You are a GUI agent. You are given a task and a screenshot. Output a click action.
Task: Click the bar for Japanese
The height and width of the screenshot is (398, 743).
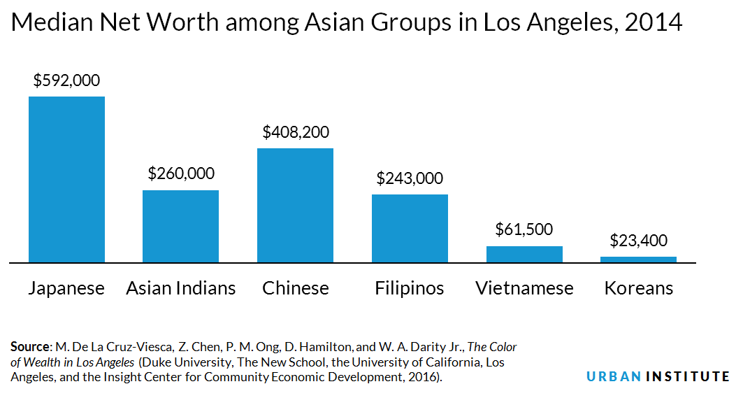point(66,179)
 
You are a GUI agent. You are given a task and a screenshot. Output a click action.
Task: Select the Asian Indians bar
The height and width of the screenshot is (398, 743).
point(180,226)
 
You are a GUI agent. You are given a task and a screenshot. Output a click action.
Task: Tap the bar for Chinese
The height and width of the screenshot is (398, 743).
point(295,205)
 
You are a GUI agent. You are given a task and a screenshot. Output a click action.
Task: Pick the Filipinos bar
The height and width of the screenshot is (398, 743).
point(410,228)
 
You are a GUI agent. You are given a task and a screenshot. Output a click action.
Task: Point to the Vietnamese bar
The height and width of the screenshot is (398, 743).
point(524,254)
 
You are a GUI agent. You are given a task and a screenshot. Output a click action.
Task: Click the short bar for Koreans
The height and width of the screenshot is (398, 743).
point(638,260)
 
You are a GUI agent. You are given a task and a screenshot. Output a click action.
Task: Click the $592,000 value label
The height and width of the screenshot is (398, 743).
point(66,80)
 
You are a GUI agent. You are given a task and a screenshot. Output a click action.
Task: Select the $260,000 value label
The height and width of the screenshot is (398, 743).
point(181,173)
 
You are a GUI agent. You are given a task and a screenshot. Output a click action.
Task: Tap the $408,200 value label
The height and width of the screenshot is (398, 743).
point(296,132)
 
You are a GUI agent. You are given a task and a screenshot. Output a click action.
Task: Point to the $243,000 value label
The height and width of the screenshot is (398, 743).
point(410,178)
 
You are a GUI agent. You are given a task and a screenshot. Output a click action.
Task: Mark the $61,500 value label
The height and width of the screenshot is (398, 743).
point(524,229)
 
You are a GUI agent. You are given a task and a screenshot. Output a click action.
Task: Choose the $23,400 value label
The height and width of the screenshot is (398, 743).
point(638,241)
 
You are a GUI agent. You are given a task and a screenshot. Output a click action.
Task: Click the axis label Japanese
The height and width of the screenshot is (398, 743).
point(66,288)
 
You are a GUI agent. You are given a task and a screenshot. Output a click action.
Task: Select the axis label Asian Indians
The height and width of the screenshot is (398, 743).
point(181,288)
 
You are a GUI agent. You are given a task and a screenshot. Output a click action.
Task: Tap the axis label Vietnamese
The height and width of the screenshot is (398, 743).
point(524,288)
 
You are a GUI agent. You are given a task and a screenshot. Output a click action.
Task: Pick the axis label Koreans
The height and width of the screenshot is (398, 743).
point(639,288)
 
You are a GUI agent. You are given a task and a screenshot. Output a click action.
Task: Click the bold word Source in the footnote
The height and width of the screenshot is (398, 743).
point(29,347)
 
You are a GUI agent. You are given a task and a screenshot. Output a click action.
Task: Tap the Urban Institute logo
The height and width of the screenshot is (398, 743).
point(658,376)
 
